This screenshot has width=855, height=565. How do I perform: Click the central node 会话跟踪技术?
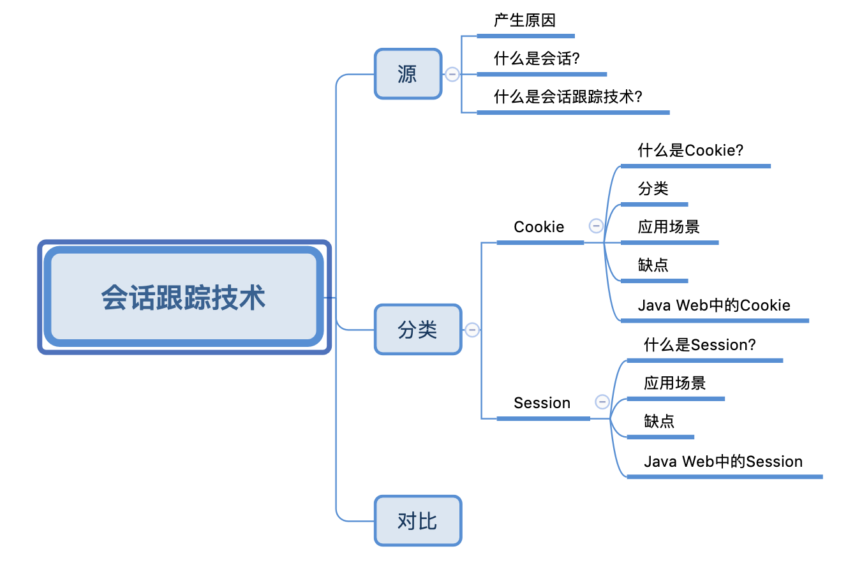pyautogui.click(x=184, y=297)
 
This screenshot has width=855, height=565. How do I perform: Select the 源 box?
pyautogui.click(x=408, y=74)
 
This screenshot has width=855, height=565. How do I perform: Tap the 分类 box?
pyautogui.click(x=417, y=330)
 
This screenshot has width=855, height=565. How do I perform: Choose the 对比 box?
pyautogui.click(x=417, y=521)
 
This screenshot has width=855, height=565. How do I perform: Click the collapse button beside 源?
pyautogui.click(x=452, y=74)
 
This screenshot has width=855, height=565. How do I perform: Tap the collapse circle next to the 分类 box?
pyautogui.click(x=472, y=330)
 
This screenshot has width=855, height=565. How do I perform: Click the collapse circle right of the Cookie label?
pyautogui.click(x=596, y=226)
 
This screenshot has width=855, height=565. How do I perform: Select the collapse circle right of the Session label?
pyautogui.click(x=602, y=402)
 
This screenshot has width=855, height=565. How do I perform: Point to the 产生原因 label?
pyautogui.click(x=524, y=20)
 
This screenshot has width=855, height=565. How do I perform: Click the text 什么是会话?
pyautogui.click(x=537, y=59)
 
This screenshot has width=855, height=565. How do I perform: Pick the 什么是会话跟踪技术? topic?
pyautogui.click(x=568, y=97)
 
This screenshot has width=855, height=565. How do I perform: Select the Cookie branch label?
pyautogui.click(x=539, y=227)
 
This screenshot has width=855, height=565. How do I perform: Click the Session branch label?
pyautogui.click(x=542, y=403)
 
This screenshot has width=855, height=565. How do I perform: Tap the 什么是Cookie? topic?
pyautogui.click(x=691, y=150)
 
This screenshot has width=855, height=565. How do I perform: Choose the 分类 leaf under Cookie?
pyautogui.click(x=653, y=189)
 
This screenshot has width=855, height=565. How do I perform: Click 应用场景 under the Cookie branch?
pyautogui.click(x=669, y=227)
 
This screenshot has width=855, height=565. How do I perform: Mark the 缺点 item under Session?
pyautogui.click(x=659, y=422)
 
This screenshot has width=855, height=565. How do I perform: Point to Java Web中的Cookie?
pyautogui.click(x=714, y=305)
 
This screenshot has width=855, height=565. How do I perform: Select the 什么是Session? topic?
pyautogui.click(x=700, y=345)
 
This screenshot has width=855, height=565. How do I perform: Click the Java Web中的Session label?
pyautogui.click(x=723, y=462)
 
